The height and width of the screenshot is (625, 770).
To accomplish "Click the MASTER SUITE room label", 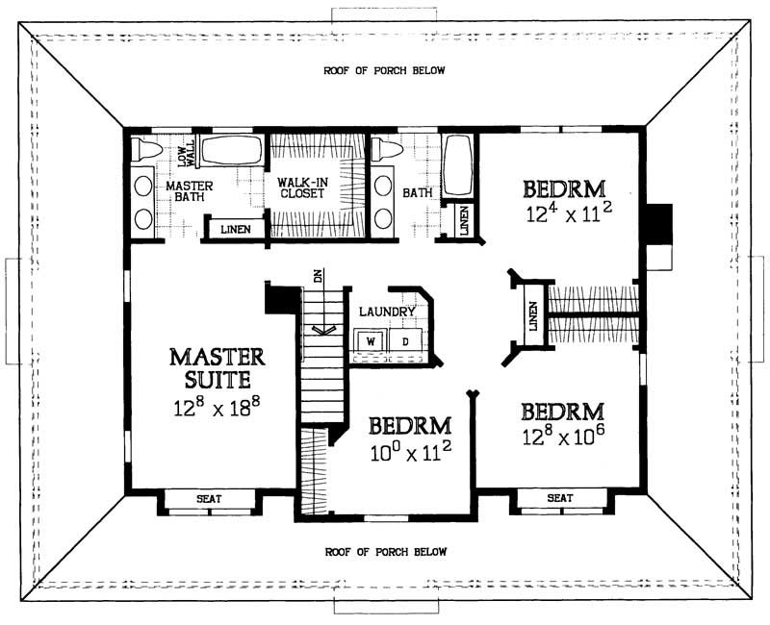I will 217,368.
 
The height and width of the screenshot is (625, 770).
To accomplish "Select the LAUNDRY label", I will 386,312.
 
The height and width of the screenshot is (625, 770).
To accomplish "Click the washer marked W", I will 370,340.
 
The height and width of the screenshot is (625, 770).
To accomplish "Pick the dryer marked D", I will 404,340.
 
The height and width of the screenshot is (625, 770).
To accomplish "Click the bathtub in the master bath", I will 230,150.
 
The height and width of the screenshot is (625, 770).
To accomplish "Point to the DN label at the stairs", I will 316,276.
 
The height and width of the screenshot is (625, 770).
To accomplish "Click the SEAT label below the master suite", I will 209,498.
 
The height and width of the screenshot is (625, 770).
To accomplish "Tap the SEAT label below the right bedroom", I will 560,498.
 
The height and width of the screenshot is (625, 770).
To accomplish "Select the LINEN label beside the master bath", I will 236,229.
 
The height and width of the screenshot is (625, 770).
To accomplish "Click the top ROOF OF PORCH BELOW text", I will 384,71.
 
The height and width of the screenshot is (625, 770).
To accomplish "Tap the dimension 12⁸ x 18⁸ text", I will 217,408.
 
